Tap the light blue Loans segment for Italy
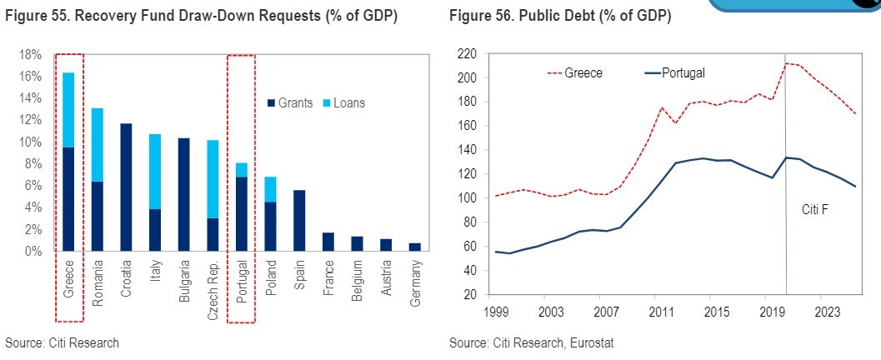156,171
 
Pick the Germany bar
415,247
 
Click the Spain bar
299,221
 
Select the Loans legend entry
343,103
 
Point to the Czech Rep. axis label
213,284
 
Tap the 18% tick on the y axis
30,55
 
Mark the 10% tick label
30,142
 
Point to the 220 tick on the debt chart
467,54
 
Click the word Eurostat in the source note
593,343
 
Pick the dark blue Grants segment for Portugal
242,214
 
